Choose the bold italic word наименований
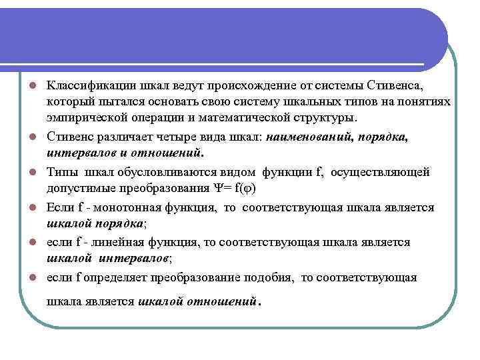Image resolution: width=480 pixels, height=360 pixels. pos(309,137)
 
